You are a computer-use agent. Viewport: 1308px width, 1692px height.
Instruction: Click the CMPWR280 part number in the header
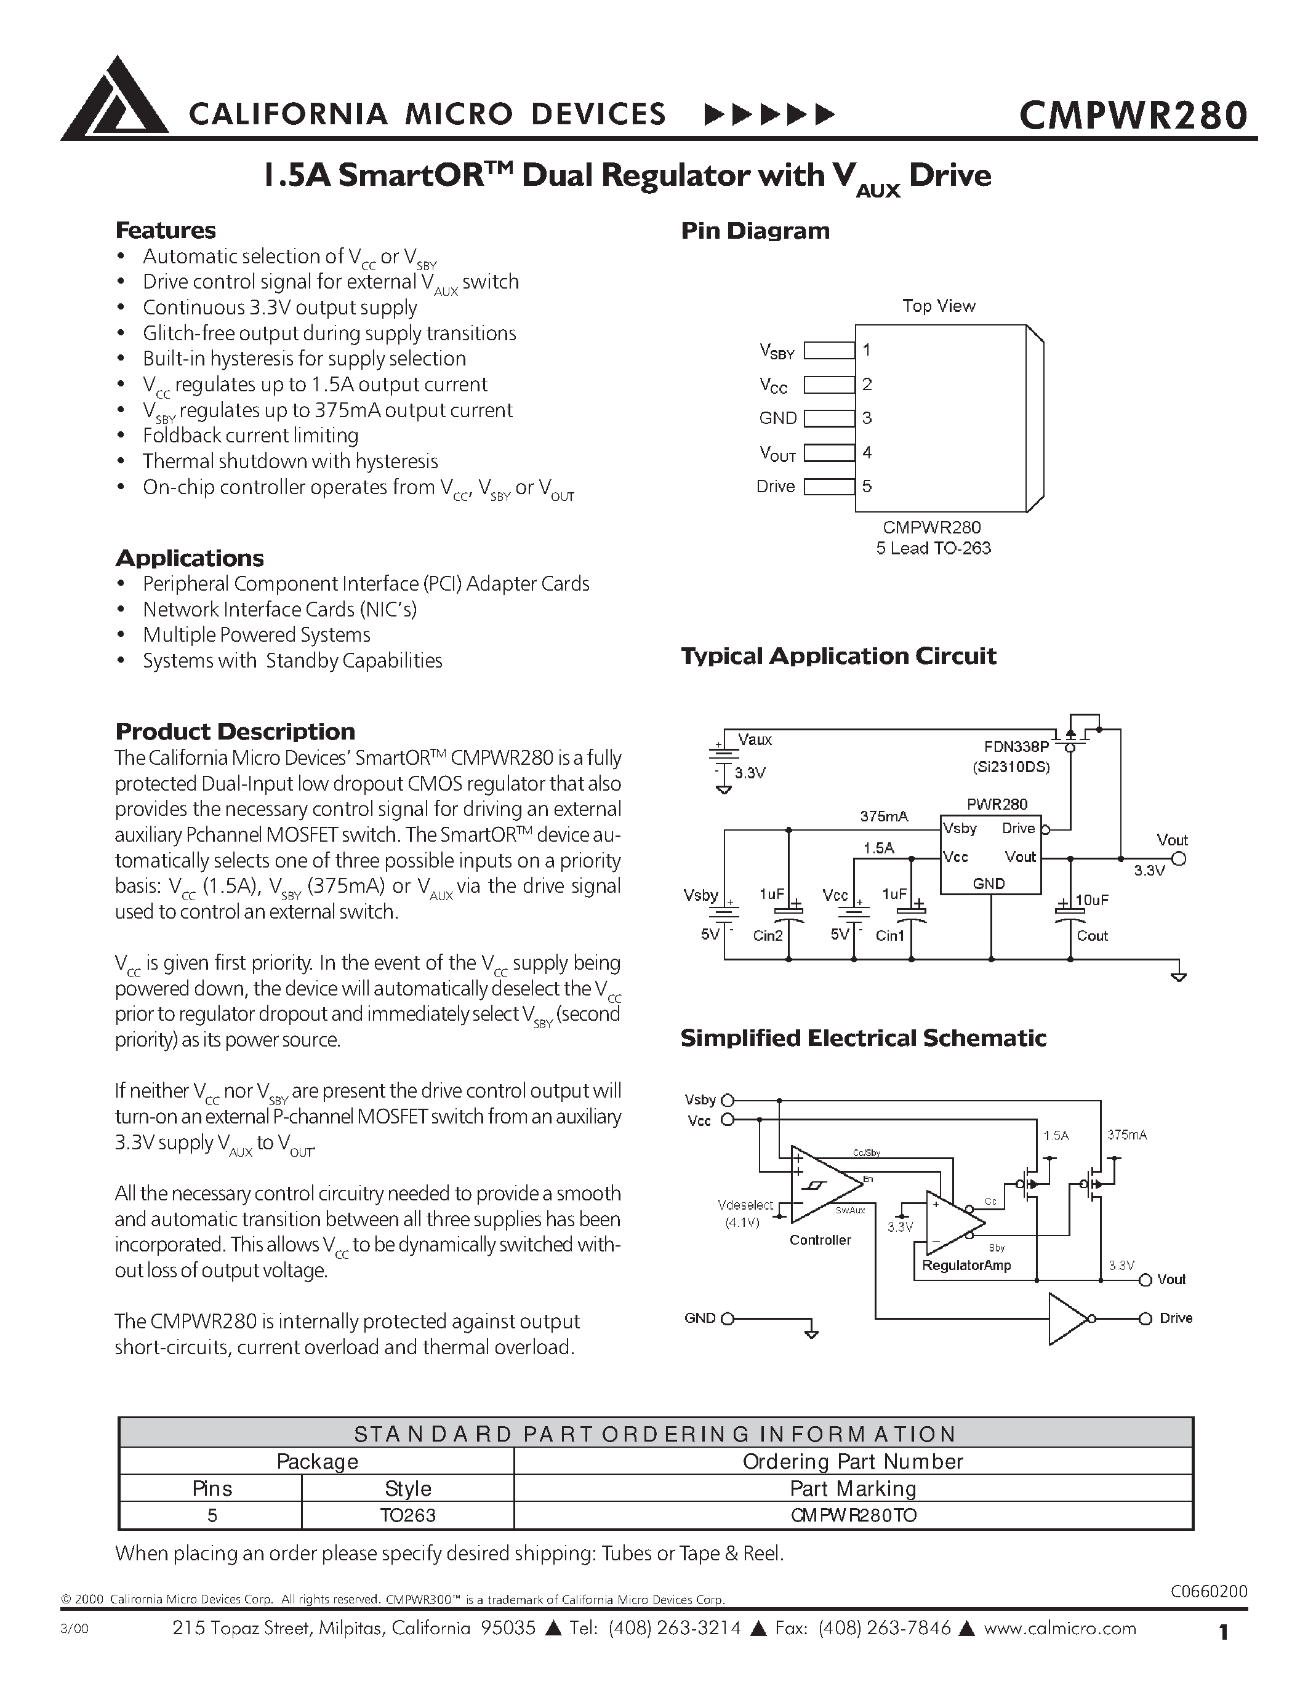1133,114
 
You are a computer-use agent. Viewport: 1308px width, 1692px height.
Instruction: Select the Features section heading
165,230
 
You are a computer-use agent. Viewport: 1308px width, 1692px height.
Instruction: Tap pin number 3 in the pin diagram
867,418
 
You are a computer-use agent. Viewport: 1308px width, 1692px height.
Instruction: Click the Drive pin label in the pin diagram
776,487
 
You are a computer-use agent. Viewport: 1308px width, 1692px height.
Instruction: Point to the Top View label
939,306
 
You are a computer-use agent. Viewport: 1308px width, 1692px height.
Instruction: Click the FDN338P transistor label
1016,747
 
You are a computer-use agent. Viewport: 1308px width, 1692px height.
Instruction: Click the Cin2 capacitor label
768,936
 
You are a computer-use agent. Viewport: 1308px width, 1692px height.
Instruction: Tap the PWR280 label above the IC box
997,804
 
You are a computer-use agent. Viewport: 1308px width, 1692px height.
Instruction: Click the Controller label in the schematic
820,1240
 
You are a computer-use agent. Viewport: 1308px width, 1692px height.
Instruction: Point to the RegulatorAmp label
966,1265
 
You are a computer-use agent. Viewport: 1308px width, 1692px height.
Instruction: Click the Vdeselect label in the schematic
745,1205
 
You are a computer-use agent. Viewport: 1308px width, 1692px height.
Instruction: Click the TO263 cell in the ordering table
407,1515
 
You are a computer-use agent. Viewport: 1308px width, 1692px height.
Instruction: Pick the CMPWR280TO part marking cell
853,1515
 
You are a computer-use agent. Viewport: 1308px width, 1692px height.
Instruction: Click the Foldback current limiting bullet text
251,436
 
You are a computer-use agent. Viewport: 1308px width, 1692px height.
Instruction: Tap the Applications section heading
189,558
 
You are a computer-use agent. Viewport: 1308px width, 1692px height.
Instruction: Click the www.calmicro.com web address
1059,1627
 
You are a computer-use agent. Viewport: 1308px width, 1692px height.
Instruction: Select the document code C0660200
1208,1591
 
